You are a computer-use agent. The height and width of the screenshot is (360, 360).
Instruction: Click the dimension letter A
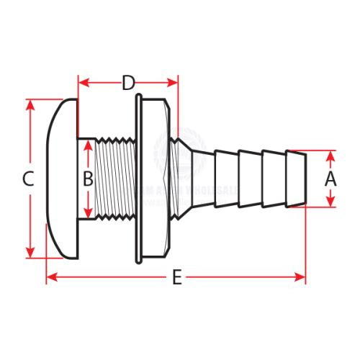pyautogui.click(x=330, y=179)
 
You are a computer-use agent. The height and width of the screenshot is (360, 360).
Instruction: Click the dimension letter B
pyautogui.click(x=87, y=179)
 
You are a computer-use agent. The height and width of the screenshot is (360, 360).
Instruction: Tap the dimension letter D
pyautogui.click(x=128, y=83)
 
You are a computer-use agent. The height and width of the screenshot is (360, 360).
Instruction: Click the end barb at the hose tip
pyautogui.click(x=296, y=179)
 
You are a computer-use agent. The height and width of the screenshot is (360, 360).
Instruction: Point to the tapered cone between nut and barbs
pyautogui.click(x=194, y=179)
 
